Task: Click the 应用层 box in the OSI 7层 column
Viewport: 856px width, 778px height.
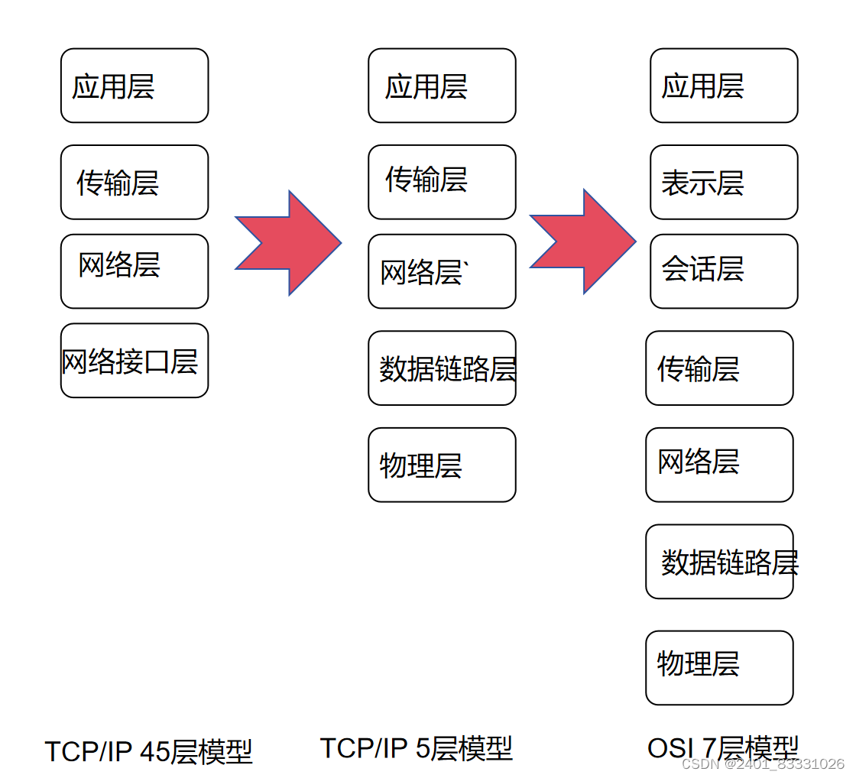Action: pos(724,86)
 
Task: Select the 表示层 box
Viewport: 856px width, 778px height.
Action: pos(724,182)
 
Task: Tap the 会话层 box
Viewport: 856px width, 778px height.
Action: pos(724,271)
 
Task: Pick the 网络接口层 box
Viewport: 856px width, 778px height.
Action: pos(135,360)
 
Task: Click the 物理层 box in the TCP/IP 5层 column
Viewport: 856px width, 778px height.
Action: pos(442,465)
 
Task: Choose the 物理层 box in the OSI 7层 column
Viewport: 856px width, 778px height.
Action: pos(719,667)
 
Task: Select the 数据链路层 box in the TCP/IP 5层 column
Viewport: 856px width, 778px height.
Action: pos(442,368)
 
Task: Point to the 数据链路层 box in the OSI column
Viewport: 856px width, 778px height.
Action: pos(719,561)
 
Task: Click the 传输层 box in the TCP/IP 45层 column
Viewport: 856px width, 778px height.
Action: pos(135,182)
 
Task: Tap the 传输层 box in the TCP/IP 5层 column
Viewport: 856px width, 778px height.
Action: pos(442,182)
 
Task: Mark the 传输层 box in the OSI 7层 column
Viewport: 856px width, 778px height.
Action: pos(719,368)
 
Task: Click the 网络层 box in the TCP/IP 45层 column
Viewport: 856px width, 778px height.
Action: pos(135,271)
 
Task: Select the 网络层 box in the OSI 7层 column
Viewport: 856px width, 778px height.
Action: pos(719,465)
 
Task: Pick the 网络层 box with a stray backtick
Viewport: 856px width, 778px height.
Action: pos(442,271)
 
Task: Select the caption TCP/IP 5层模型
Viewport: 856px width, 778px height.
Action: pos(416,748)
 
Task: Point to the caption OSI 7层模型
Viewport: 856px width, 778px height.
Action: pos(722,747)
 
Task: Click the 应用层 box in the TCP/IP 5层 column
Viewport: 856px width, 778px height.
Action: pos(442,86)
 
